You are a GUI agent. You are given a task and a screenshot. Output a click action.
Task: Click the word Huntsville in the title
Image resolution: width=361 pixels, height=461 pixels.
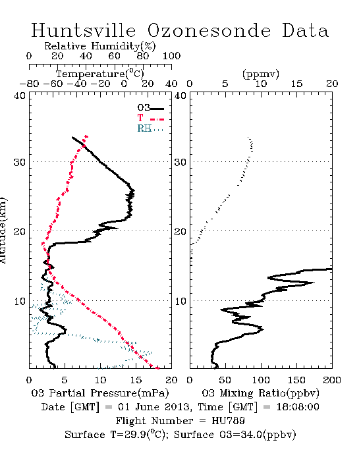pyautogui.click(x=84, y=30)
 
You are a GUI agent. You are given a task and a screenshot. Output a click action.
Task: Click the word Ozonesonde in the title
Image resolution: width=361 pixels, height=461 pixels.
pyautogui.click(x=209, y=30)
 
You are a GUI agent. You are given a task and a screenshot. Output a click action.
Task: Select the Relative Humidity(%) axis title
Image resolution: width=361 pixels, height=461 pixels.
pyautogui.click(x=100, y=46)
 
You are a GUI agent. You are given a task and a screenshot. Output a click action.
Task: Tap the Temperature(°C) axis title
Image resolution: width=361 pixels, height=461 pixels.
pyautogui.click(x=100, y=74)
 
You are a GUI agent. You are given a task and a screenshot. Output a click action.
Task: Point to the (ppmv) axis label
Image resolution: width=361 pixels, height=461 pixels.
pyautogui.click(x=261, y=74)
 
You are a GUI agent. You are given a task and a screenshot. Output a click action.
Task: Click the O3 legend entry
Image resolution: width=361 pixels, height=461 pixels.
pyautogui.click(x=150, y=108)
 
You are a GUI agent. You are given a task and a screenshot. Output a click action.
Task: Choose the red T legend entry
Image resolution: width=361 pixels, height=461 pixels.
pyautogui.click(x=150, y=118)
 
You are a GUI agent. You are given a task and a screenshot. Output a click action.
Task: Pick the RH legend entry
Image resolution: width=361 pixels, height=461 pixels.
pyautogui.click(x=150, y=128)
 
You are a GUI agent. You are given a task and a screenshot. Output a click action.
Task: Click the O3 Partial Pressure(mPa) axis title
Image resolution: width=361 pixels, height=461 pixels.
pyautogui.click(x=100, y=393)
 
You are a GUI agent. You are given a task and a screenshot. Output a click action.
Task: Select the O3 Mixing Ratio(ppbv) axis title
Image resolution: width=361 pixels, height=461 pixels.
pyautogui.click(x=260, y=393)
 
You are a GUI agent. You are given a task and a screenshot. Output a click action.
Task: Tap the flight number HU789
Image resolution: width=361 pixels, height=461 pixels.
pyautogui.click(x=228, y=421)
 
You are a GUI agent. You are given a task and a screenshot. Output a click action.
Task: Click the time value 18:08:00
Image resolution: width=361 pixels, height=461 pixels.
pyautogui.click(x=298, y=407)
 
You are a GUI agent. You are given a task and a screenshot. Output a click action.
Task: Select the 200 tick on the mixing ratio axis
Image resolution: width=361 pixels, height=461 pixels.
pyautogui.click(x=332, y=380)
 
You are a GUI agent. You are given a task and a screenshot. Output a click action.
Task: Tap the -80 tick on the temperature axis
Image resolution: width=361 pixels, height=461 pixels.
pyautogui.click(x=29, y=84)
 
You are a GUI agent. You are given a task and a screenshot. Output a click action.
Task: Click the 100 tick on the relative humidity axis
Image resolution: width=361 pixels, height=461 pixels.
pyautogui.click(x=171, y=56)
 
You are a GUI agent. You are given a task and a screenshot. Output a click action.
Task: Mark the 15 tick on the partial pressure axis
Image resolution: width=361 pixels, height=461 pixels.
pyautogui.click(x=136, y=380)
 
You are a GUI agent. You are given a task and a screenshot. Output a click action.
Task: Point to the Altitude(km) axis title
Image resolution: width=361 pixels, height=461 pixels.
pyautogui.click(x=3, y=230)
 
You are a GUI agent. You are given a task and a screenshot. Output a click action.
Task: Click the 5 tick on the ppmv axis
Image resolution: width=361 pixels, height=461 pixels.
pyautogui.click(x=225, y=84)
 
